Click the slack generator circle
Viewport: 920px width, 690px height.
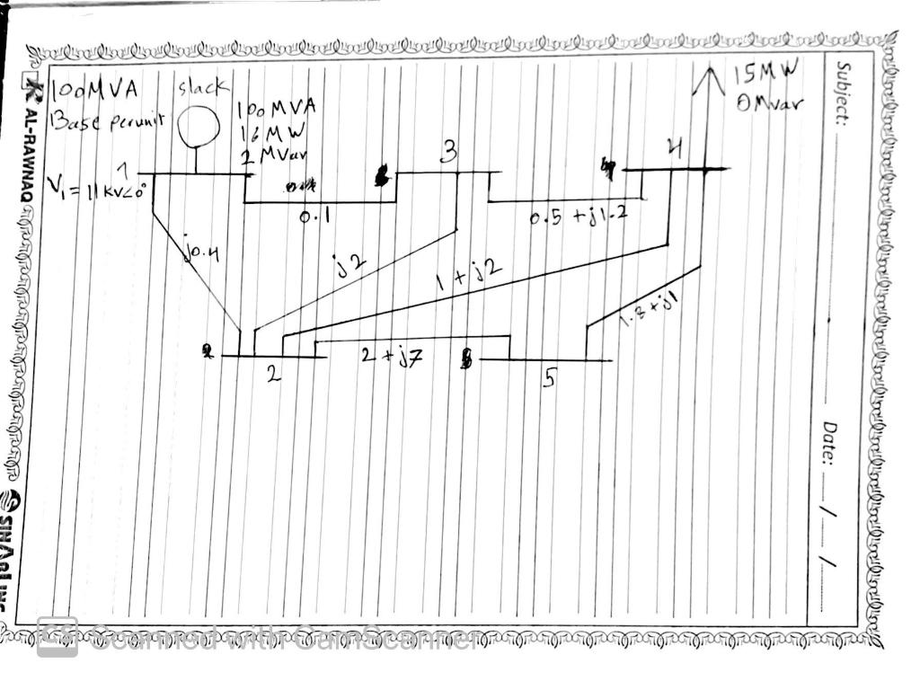click(x=198, y=127)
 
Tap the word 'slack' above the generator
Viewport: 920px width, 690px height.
click(x=203, y=87)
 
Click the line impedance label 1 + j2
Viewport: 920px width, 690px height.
click(x=467, y=273)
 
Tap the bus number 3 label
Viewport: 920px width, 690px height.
click(x=447, y=154)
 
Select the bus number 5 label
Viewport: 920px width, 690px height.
click(x=548, y=379)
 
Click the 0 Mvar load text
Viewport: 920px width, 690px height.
click(x=769, y=102)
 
